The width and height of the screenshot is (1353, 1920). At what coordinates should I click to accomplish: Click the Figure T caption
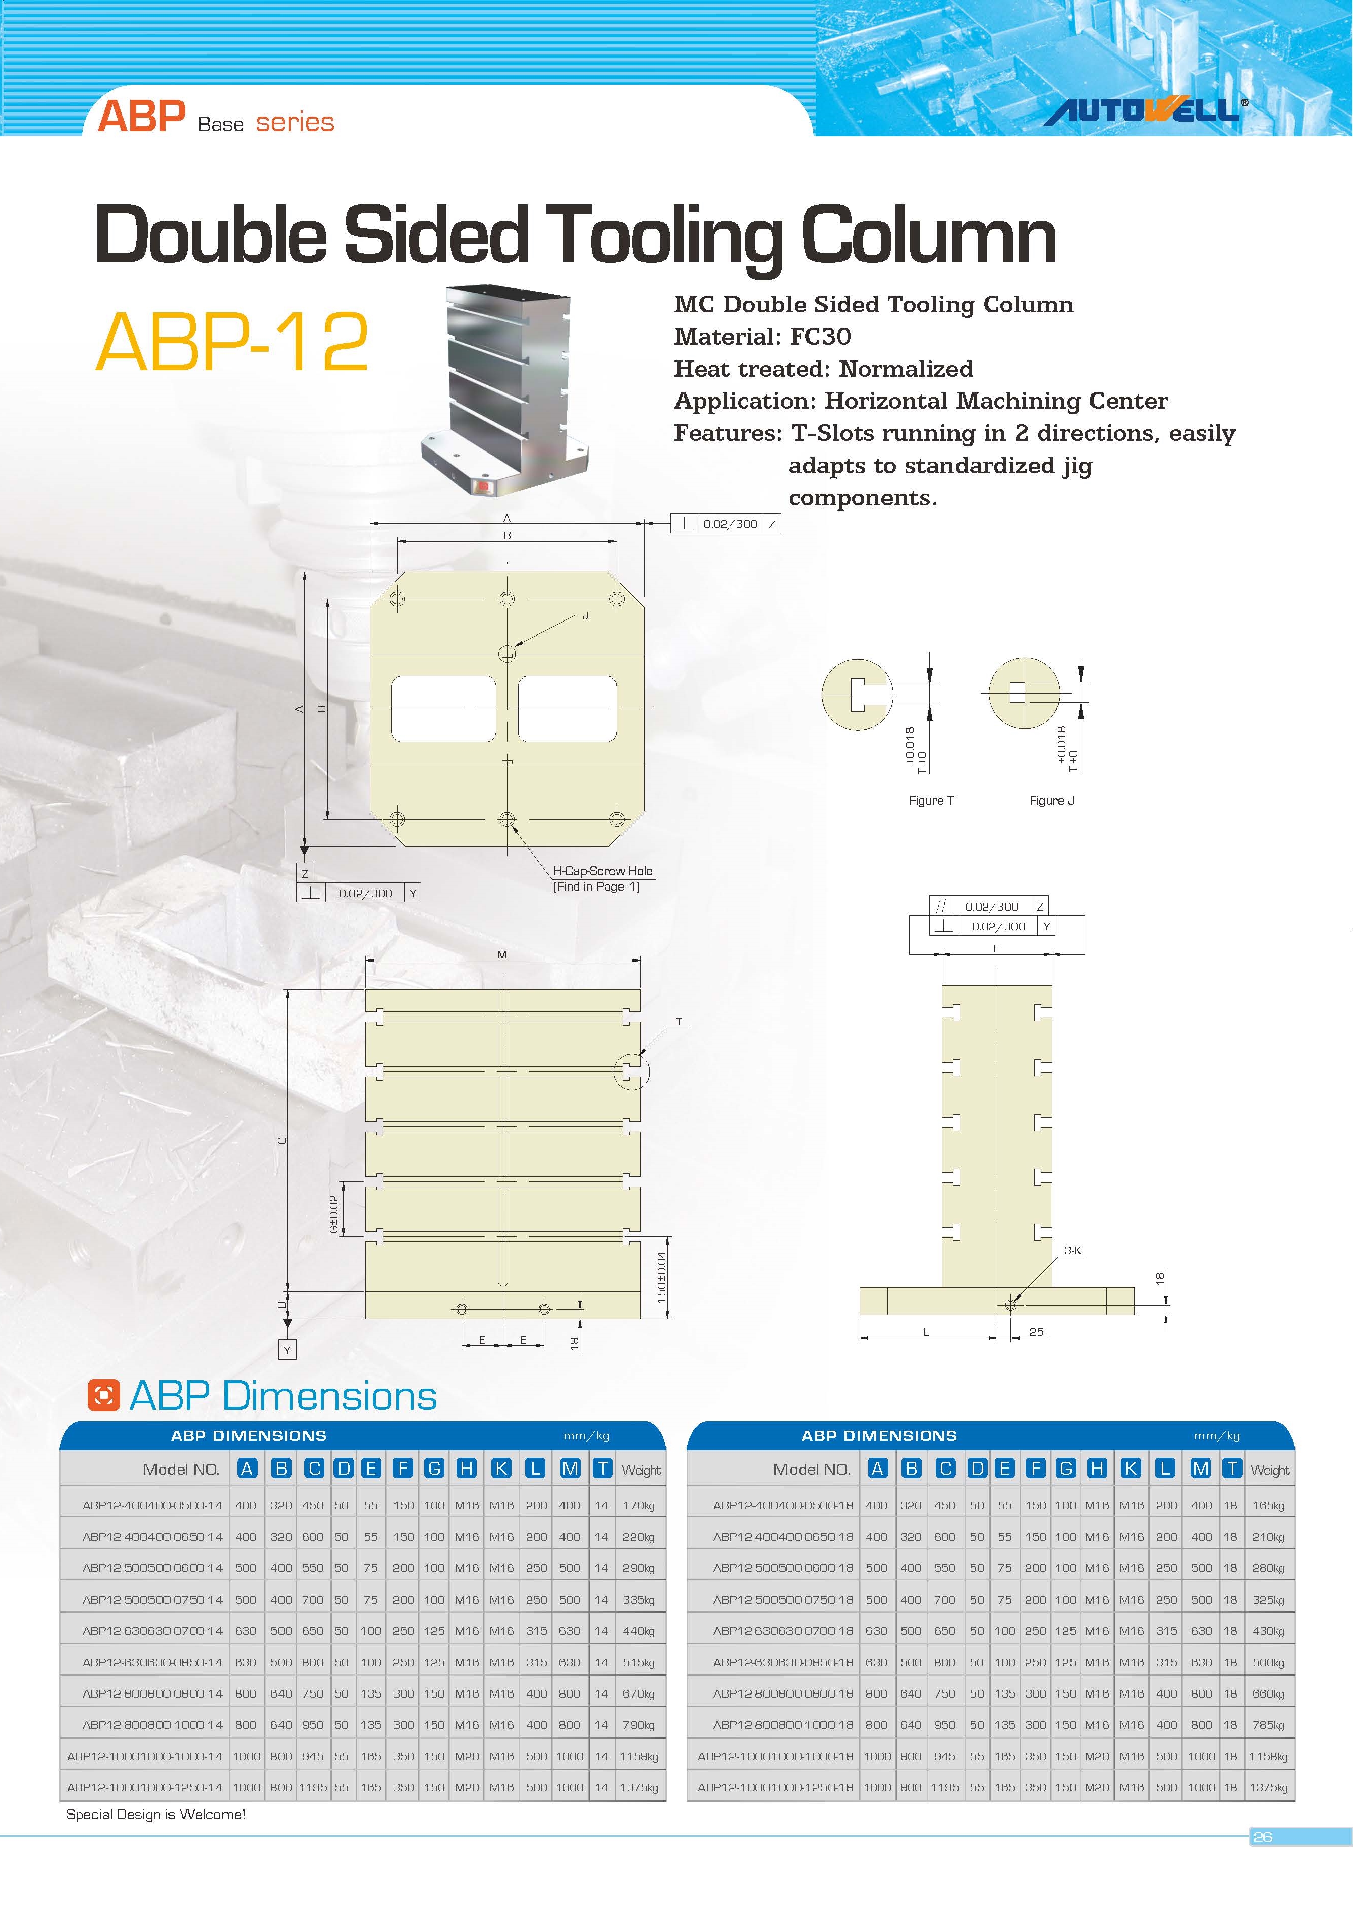pos(931,800)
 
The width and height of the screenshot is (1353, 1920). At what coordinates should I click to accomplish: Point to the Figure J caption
pos(1051,800)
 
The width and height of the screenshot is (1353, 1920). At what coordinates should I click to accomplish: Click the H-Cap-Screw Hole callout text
pos(602,871)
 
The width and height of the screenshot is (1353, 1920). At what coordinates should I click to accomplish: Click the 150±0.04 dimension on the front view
pos(661,1277)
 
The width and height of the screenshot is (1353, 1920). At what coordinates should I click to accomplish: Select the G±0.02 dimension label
pos(333,1214)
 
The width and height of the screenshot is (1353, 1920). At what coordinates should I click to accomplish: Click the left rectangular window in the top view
pos(443,708)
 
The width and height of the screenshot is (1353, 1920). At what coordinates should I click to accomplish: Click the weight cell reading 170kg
pos(638,1505)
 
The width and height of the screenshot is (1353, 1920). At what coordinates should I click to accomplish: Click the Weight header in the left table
pos(641,1470)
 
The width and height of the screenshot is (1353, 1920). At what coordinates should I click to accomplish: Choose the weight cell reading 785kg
pos(1268,1724)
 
